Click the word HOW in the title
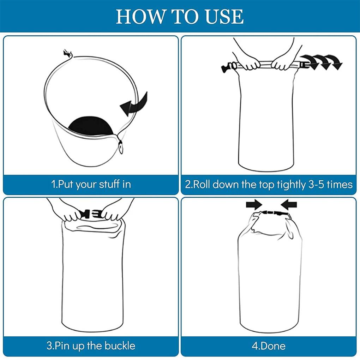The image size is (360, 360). (140, 17)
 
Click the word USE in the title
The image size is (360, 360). (224, 17)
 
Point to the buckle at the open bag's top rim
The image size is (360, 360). (68, 53)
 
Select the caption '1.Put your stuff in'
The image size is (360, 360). (91, 184)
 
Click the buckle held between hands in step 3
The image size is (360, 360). (92, 214)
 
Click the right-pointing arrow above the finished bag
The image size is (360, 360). (254, 204)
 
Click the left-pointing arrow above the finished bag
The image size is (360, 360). (289, 204)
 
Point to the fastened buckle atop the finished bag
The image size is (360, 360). (273, 213)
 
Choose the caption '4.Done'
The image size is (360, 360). (269, 346)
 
